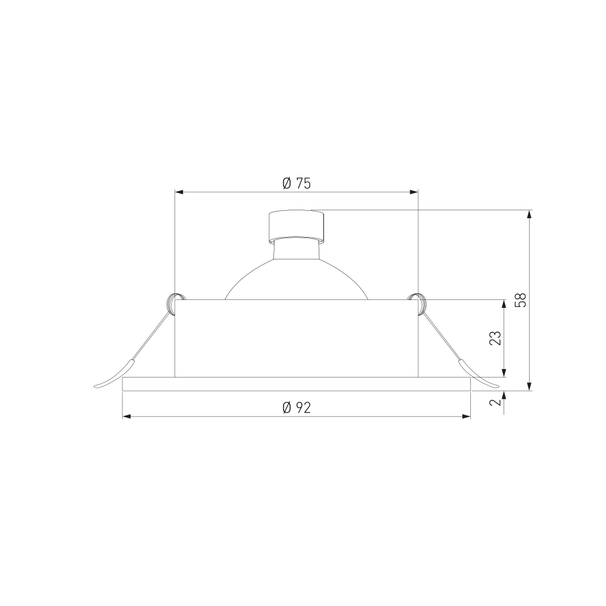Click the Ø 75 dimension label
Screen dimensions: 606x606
pyautogui.click(x=296, y=184)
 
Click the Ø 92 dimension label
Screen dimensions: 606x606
pyautogui.click(x=296, y=407)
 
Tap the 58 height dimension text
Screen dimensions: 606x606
pyautogui.click(x=521, y=300)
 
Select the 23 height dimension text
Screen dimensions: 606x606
pyautogui.click(x=495, y=338)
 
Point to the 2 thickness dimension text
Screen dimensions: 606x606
pyautogui.click(x=495, y=402)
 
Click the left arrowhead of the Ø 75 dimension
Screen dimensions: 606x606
pyautogui.click(x=179, y=191)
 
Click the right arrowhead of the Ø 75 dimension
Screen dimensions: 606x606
pyautogui.click(x=414, y=191)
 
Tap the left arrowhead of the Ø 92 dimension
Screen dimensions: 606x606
pyautogui.click(x=127, y=416)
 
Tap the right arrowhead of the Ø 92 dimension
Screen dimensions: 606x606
pyautogui.click(x=466, y=416)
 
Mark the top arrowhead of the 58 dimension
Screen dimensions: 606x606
pyautogui.click(x=530, y=215)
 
